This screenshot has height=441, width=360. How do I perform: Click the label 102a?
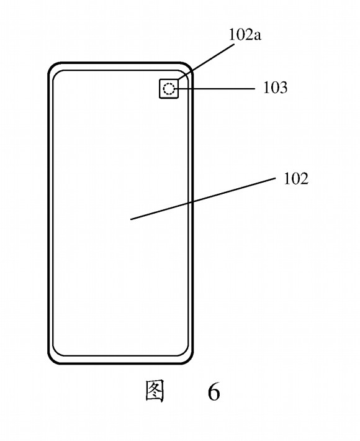pos(245,35)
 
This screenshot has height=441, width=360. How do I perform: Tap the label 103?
pos(276,88)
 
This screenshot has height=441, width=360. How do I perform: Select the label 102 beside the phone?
pos(296,178)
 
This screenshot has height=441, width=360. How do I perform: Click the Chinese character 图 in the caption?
pos(155,391)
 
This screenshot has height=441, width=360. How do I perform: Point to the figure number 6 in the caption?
pos(214,392)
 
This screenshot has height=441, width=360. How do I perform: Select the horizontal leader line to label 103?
pos(215,89)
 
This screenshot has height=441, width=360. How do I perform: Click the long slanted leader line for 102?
pos(203,199)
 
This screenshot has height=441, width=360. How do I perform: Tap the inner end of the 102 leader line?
pos(131,219)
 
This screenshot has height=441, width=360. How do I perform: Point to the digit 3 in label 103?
pos(283,88)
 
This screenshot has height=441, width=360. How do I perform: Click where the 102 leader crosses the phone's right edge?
pos(192,202)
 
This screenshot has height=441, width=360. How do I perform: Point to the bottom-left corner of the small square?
pos(160,98)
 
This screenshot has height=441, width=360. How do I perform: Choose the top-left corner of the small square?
pos(160,80)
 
